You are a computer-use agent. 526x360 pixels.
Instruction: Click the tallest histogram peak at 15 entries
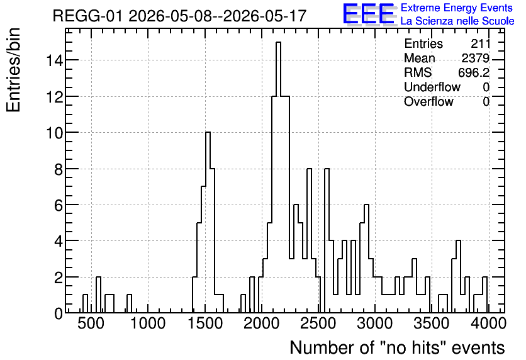coord(278,43)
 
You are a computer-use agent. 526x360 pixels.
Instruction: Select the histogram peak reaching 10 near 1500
coord(208,133)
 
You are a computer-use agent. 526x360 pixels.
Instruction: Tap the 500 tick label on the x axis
coord(91,323)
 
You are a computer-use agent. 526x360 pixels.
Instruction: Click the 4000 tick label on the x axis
coord(488,323)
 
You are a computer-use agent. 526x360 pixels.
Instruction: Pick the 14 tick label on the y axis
coord(55,60)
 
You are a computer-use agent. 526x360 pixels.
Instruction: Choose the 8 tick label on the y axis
coord(59,169)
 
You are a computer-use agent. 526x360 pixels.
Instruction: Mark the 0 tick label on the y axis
coord(59,313)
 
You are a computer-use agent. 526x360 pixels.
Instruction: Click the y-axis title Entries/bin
coord(14,70)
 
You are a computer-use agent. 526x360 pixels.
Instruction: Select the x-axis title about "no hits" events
coord(397,347)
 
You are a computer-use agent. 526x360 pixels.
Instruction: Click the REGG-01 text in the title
coord(88,16)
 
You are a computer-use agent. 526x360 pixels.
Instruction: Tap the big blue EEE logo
coord(369,14)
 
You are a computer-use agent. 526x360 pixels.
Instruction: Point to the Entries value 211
coord(480,43)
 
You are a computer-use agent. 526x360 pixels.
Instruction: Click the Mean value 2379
coord(475,58)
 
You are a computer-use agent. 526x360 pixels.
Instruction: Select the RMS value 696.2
coord(474,72)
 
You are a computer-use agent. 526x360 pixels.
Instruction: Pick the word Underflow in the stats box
coord(432,87)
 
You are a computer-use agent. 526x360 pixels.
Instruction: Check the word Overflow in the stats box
coord(428,101)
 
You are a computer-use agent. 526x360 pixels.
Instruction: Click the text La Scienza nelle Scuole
coord(457,21)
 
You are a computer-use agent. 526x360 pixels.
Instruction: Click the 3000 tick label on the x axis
coord(375,323)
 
